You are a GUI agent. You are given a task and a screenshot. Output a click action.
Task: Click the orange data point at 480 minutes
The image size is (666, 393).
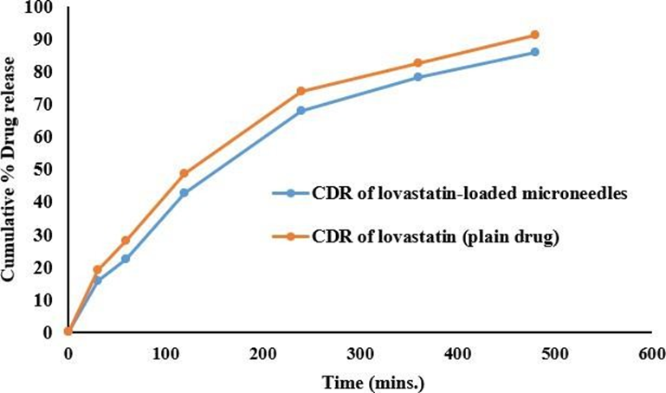tap(534, 35)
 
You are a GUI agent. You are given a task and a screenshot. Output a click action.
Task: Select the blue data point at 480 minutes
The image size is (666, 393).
tap(534, 52)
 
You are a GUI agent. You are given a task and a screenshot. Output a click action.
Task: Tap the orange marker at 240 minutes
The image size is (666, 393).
tap(301, 91)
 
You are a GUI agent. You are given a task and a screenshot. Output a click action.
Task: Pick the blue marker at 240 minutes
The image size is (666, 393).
tap(301, 111)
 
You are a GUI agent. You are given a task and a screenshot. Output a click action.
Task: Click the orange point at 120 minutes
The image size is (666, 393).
tap(184, 173)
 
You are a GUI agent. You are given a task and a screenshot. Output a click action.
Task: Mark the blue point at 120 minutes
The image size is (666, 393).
tap(184, 192)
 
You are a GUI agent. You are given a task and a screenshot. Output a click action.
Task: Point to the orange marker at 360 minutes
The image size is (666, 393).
tap(417, 62)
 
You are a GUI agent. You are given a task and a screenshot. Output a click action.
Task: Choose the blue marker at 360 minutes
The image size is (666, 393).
tap(417, 77)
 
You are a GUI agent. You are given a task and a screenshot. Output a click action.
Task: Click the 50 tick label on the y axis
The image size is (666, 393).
tap(43, 170)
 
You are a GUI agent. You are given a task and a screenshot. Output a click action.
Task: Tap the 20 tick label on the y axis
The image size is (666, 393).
tap(43, 267)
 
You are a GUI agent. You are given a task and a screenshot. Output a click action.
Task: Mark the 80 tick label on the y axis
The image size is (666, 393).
tap(43, 73)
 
